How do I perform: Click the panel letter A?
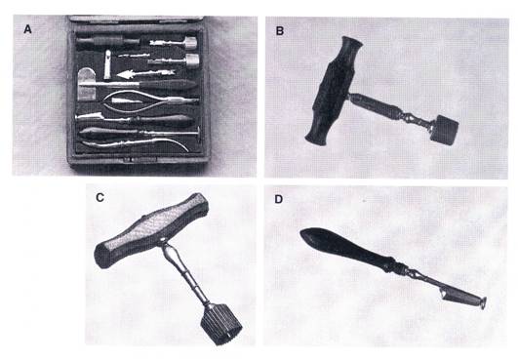(27, 29)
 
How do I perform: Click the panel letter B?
(280, 31)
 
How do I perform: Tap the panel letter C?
(100, 197)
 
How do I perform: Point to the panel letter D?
(279, 199)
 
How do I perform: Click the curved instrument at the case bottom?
(136, 144)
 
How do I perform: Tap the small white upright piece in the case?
(107, 64)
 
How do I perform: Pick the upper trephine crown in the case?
(190, 43)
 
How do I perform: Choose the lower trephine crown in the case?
(192, 60)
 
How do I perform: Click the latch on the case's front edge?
(139, 160)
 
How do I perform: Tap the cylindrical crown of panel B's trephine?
(445, 129)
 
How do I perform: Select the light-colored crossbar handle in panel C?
(152, 230)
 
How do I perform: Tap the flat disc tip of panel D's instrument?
(483, 302)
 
